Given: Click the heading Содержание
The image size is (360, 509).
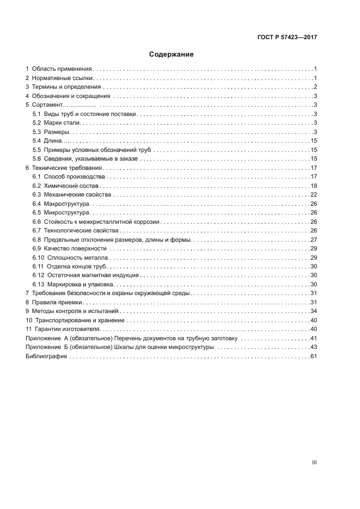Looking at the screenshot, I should [172, 55].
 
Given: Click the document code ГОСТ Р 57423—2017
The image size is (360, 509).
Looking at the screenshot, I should [287, 38].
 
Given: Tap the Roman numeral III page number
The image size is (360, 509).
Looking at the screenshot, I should [314, 462].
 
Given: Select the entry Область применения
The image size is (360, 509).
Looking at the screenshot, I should [62, 69].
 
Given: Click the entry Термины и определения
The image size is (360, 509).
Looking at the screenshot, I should [66, 87].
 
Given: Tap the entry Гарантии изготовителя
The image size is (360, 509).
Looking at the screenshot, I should [69, 329].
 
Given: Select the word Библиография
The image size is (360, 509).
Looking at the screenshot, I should [46, 356].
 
